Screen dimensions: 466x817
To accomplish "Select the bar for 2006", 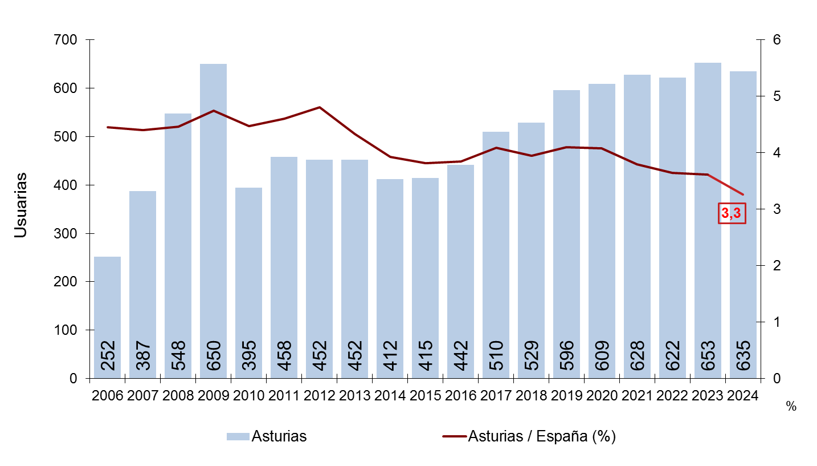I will point(107,317).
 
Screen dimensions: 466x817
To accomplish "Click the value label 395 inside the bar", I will point(248,355).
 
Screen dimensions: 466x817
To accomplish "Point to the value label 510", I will point(496,355).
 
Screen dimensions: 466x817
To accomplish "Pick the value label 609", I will point(602,355).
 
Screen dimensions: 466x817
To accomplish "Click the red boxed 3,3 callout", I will point(731,213).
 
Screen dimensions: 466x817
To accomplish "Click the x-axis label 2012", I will point(319,395).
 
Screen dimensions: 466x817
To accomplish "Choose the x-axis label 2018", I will point(531,395).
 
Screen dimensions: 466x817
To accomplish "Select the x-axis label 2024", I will point(743,395).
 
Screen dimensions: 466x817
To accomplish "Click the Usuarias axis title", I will point(21,205).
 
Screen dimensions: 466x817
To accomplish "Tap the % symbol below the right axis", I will point(790,406).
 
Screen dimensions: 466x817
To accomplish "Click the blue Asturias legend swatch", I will point(238,437).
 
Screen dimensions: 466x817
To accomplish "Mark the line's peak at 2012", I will point(319,107).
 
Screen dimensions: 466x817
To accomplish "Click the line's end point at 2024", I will point(743,194).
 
